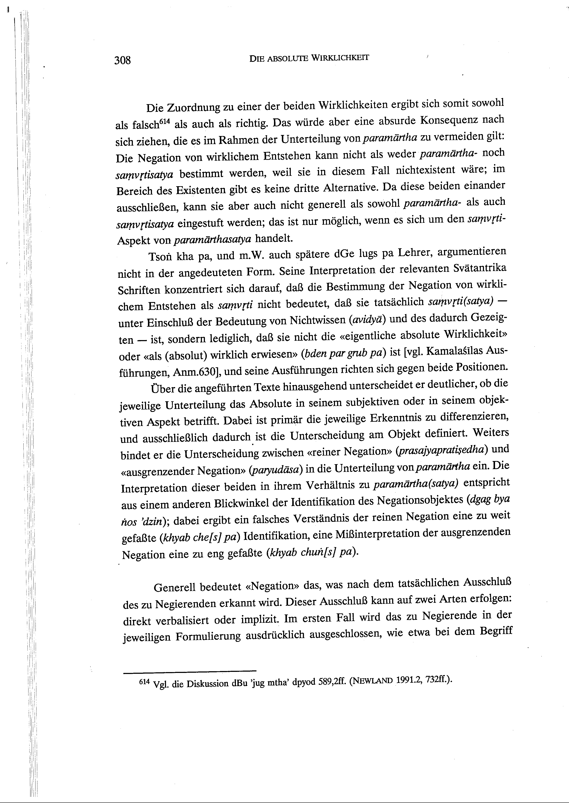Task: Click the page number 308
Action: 122,60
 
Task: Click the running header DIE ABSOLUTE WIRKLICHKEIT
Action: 309,58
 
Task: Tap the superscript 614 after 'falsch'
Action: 164,122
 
